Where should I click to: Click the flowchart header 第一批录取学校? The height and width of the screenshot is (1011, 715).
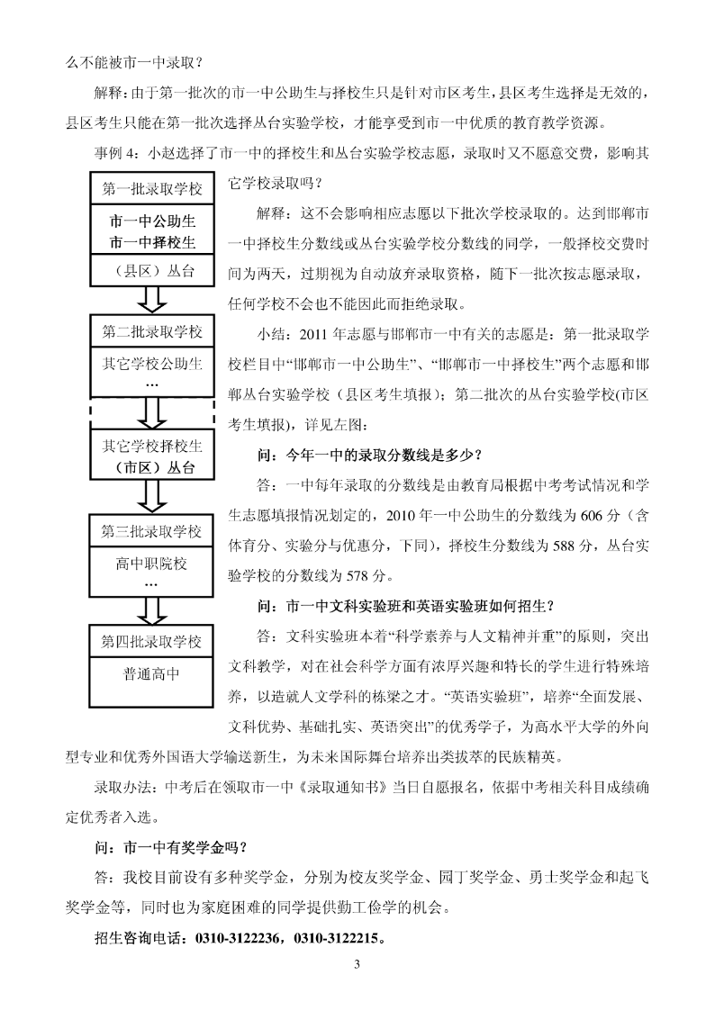pyautogui.click(x=151, y=189)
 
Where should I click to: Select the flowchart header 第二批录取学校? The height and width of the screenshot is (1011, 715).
pyautogui.click(x=151, y=332)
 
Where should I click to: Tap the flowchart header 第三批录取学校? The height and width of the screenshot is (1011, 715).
pyautogui.click(x=151, y=531)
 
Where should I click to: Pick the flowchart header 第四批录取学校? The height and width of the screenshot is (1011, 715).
pyautogui.click(x=151, y=642)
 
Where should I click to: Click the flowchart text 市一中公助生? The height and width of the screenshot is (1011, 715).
pyautogui.click(x=152, y=221)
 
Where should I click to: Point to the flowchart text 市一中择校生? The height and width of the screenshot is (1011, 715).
pyautogui.click(x=152, y=243)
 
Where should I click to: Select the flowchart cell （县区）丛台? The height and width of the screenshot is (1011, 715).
pyautogui.click(x=151, y=271)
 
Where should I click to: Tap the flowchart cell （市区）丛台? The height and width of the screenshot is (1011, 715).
pyautogui.click(x=151, y=467)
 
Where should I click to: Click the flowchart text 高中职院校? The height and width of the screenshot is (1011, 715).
pyautogui.click(x=151, y=564)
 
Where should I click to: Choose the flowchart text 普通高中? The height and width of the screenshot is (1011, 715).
pyautogui.click(x=151, y=674)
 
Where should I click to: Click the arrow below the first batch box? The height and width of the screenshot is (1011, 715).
pyautogui.click(x=151, y=299)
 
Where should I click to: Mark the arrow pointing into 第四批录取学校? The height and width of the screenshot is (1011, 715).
pyautogui.click(x=151, y=610)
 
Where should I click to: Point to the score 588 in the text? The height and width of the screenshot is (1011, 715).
pyautogui.click(x=564, y=546)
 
